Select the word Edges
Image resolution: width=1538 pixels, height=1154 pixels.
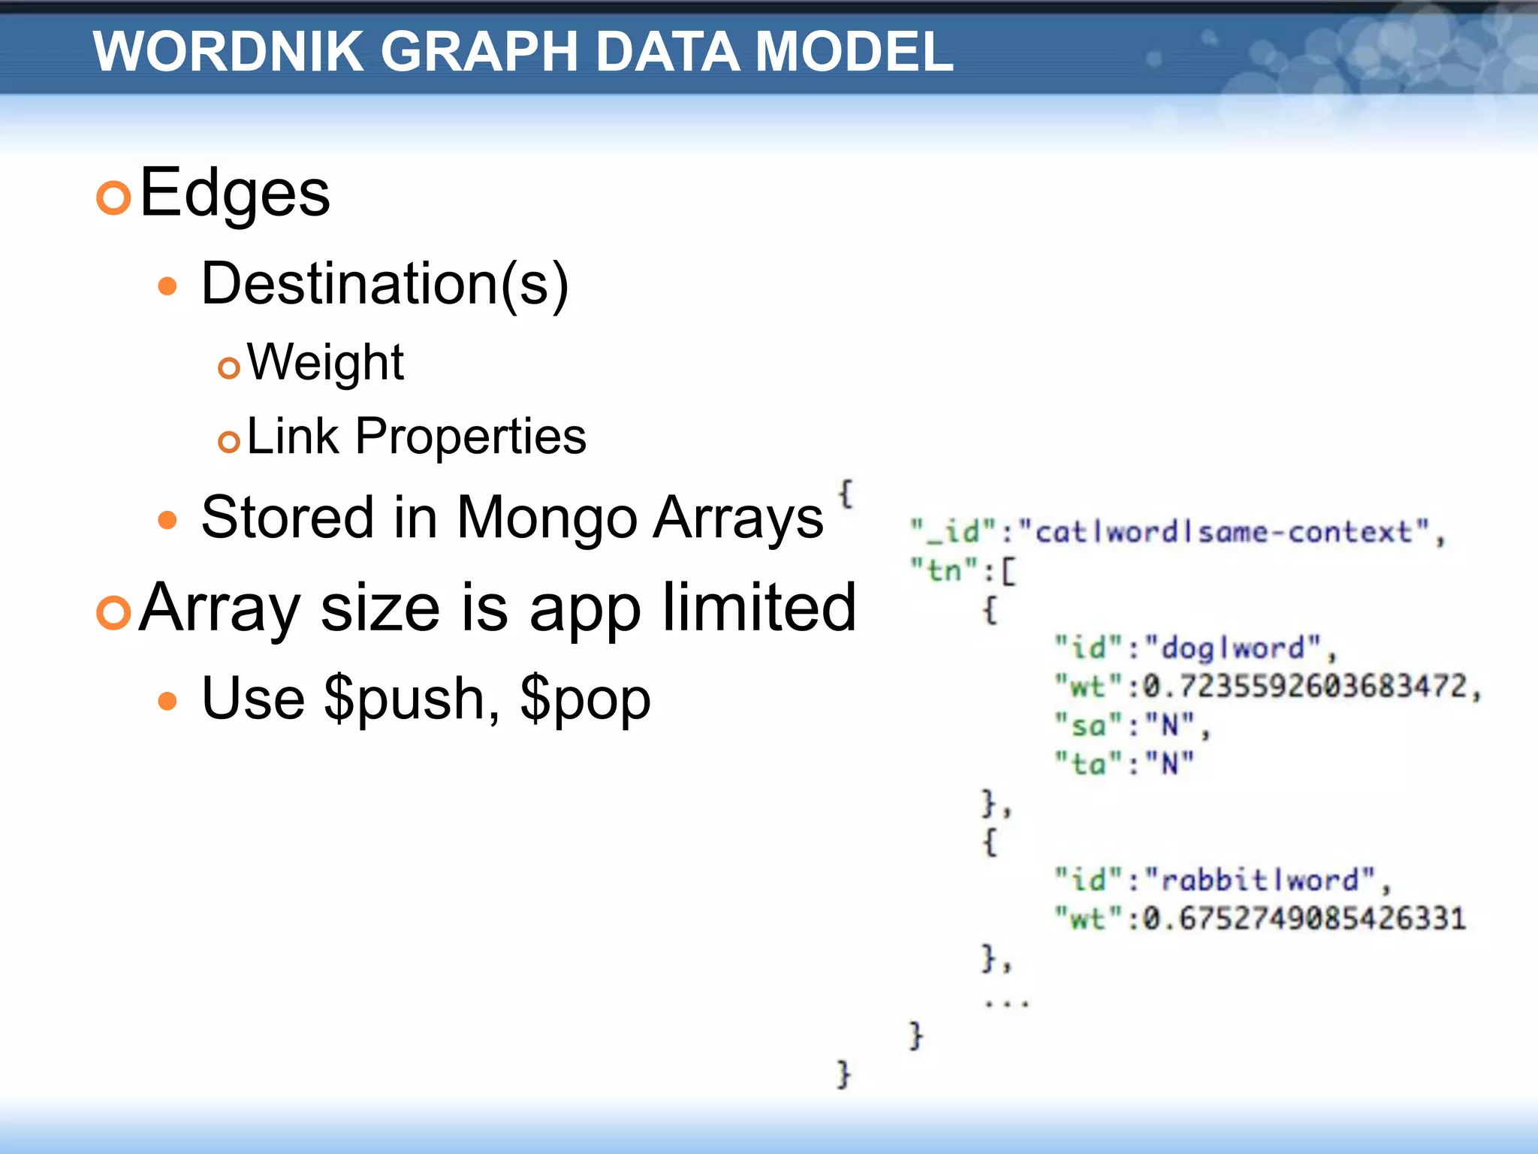[234, 194]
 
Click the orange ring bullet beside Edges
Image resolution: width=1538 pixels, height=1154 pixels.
[114, 198]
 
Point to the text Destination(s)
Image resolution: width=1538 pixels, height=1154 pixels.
[384, 284]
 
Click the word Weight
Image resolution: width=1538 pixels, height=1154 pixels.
[325, 362]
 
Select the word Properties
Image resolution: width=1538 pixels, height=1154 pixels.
[471, 436]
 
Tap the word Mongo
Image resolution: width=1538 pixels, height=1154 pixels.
[547, 518]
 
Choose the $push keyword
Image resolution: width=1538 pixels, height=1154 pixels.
[403, 699]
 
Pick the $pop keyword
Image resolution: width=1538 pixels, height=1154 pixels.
[585, 699]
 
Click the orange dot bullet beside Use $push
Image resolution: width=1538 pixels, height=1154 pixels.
[167, 702]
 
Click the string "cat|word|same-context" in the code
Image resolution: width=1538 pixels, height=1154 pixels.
[1224, 532]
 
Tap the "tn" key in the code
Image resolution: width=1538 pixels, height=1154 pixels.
[943, 570]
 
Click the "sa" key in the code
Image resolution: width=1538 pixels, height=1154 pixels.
[1088, 726]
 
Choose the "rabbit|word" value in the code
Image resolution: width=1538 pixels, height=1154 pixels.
[1262, 880]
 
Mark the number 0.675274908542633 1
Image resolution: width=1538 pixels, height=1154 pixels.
[1304, 918]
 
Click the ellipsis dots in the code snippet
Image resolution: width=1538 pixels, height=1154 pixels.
[1006, 1003]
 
